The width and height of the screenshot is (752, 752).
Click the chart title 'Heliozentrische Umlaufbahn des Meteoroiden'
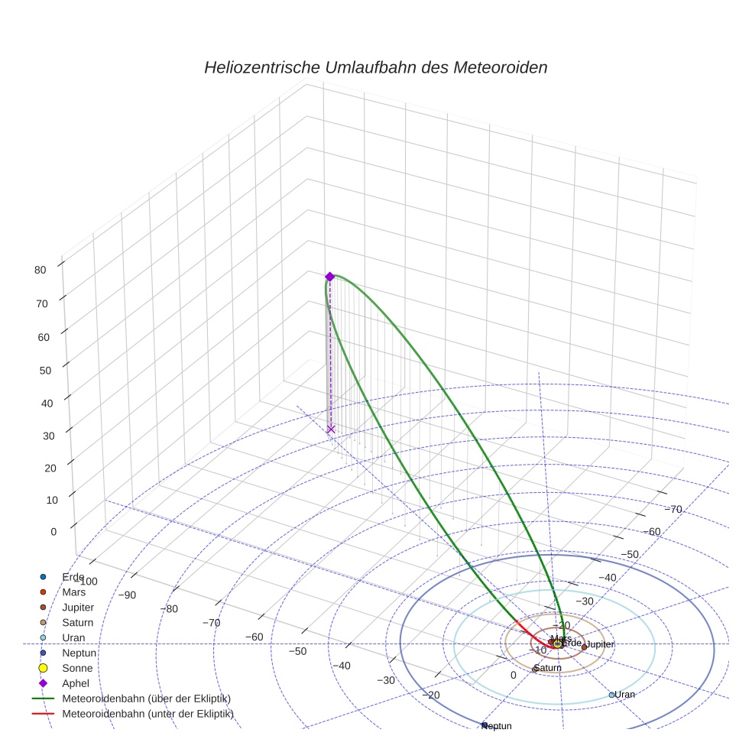(375, 67)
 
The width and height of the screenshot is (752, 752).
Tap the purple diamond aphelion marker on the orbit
(329, 277)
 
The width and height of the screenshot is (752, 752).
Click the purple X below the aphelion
(331, 429)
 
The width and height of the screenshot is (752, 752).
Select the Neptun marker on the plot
(484, 724)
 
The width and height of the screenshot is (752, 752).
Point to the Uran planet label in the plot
(625, 694)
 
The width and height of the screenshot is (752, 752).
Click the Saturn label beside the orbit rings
(548, 667)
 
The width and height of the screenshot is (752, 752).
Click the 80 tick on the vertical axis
(41, 269)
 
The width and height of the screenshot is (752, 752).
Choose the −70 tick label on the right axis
(673, 509)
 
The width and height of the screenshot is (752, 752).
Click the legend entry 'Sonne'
(77, 668)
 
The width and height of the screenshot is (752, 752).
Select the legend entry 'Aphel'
(76, 683)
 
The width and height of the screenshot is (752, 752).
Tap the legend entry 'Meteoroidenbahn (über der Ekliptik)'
(146, 699)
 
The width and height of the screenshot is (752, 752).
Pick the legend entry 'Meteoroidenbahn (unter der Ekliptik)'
(147, 714)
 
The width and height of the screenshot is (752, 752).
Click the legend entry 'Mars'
(73, 592)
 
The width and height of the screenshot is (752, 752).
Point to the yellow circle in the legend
(44, 668)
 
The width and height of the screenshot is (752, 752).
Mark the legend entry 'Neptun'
(79, 653)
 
